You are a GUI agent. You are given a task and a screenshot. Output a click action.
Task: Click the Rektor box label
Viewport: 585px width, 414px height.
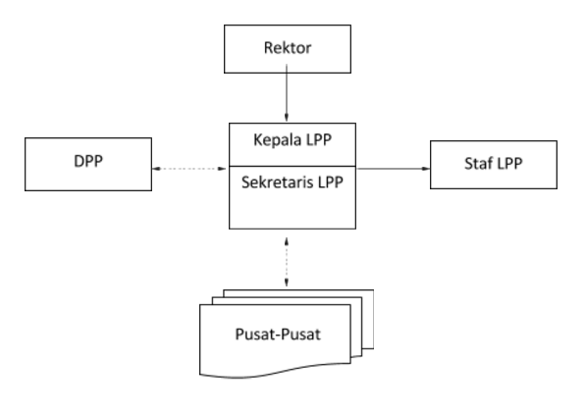(288, 48)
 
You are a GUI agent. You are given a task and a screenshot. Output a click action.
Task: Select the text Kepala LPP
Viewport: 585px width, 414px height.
(292, 140)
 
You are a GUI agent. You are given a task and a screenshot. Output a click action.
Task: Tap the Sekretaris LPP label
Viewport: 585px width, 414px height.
(292, 182)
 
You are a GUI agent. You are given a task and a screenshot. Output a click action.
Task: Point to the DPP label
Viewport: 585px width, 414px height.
(88, 161)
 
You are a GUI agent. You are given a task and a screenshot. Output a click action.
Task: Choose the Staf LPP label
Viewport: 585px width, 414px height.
(493, 164)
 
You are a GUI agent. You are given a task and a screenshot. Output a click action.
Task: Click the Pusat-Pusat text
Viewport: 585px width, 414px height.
(278, 335)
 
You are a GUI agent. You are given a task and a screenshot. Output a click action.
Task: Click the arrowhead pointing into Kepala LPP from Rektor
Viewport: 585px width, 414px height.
(287, 117)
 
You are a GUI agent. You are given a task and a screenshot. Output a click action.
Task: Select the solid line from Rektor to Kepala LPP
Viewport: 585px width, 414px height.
(287, 93)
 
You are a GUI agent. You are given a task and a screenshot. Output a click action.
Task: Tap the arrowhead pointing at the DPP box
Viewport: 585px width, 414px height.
(157, 169)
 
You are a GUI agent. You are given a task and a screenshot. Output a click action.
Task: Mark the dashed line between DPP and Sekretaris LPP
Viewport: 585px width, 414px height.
(189, 169)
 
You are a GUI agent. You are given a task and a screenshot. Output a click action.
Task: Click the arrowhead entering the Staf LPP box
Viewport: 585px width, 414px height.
(425, 169)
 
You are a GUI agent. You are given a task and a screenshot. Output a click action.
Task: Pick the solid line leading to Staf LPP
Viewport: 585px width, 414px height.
(394, 169)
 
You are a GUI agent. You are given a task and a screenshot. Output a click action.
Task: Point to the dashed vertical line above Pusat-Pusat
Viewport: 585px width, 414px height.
(287, 262)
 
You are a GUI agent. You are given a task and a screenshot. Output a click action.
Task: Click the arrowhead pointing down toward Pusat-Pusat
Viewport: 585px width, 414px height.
(287, 283)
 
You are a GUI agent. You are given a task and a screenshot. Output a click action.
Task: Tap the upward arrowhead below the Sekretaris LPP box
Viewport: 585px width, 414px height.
(287, 242)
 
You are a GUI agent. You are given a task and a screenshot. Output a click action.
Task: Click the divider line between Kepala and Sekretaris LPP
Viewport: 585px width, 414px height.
(292, 166)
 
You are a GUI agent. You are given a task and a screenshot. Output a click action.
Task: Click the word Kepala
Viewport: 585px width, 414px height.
(278, 140)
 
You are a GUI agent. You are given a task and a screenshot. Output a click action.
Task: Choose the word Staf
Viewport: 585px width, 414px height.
(476, 164)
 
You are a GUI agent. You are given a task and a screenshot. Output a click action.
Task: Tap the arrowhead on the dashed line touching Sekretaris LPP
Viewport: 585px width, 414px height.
(222, 169)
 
